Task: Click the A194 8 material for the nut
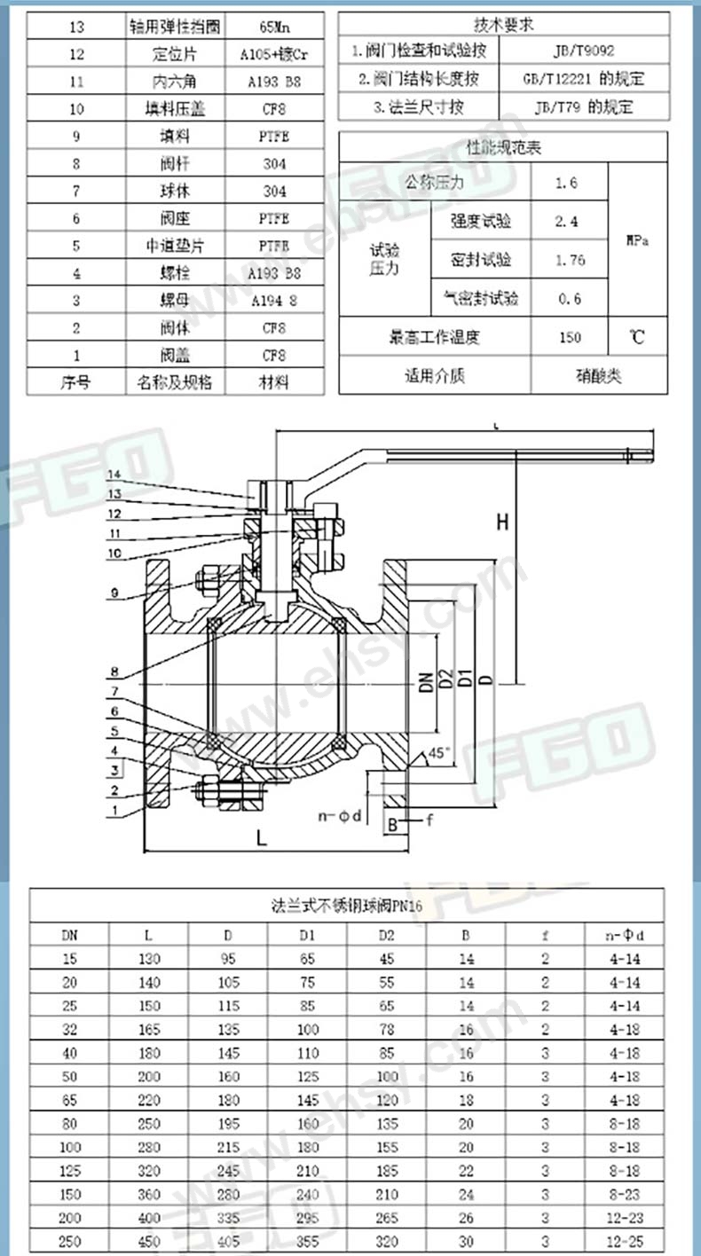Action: click(x=275, y=301)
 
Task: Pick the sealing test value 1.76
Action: click(x=568, y=260)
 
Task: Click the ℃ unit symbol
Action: click(x=636, y=337)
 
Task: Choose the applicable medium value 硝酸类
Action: click(x=599, y=375)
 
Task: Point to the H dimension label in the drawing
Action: click(x=502, y=522)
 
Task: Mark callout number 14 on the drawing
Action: click(x=116, y=482)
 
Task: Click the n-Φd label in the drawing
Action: click(x=341, y=814)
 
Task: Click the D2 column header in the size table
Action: click(x=386, y=934)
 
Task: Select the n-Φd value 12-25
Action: click(x=626, y=1240)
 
